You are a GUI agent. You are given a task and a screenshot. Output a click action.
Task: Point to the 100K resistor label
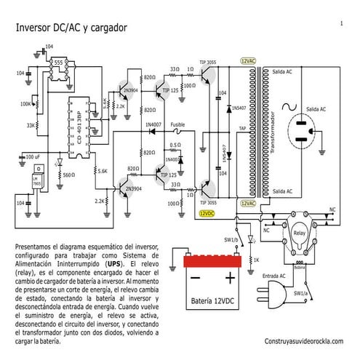pos(25,104)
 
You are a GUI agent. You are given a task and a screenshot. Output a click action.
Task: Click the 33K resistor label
pos(30,125)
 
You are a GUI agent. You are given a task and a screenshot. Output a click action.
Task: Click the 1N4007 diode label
pos(153,125)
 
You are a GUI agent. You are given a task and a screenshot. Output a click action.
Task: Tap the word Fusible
pos(178,125)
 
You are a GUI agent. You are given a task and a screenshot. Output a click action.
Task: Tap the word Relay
pos(297,233)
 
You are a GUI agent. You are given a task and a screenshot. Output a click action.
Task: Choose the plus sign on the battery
pos(230,279)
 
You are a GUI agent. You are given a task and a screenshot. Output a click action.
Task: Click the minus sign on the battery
pos(194,279)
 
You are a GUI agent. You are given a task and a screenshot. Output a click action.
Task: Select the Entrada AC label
pos(273,276)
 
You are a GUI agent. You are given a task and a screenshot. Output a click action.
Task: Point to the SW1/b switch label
pos(231,239)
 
